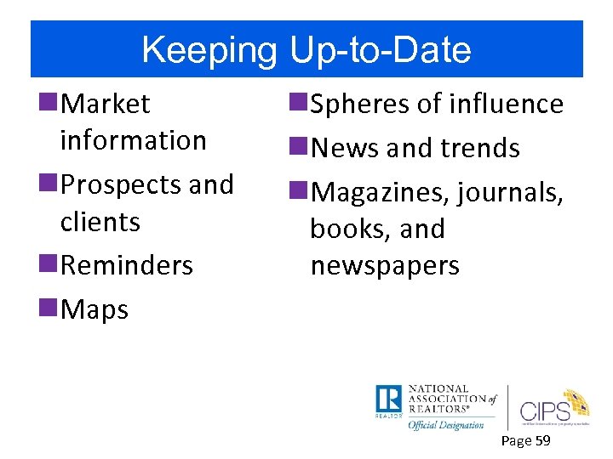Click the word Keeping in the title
[x=209, y=50]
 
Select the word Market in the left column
[x=106, y=104]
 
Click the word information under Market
[x=134, y=140]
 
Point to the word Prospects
[x=120, y=184]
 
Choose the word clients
[x=100, y=222]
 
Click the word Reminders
[x=127, y=265]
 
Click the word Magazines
[x=379, y=192]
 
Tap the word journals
[x=510, y=192]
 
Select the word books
[x=343, y=229]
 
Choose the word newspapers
[x=385, y=266]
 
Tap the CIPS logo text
[x=544, y=400]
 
